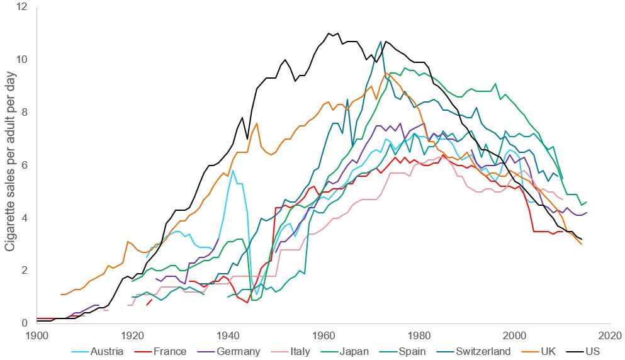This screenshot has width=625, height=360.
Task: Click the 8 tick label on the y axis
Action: coord(24,112)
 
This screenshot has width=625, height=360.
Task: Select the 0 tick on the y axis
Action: coord(24,323)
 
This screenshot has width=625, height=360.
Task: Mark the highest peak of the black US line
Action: coord(329,33)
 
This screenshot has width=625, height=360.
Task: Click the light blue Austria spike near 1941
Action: coord(233,171)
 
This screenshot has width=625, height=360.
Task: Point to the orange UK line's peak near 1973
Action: coord(386,73)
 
